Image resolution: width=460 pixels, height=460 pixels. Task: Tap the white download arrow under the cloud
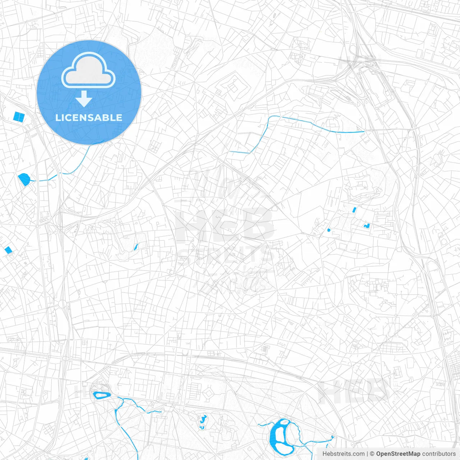(84, 99)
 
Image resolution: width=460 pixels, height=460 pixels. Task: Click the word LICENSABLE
(89, 118)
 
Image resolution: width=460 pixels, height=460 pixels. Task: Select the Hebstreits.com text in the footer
(343, 454)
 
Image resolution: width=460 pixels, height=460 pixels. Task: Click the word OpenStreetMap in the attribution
(398, 454)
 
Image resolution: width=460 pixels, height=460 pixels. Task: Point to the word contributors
(439, 454)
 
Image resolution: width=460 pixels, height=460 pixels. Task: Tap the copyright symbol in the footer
(372, 454)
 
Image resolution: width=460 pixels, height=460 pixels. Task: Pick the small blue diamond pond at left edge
(8, 250)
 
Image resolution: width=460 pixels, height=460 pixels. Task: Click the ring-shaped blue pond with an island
(102, 395)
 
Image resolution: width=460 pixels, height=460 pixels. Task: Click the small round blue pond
(328, 230)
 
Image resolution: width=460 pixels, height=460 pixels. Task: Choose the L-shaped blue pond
(367, 226)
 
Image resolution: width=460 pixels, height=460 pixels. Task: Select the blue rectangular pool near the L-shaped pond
(354, 210)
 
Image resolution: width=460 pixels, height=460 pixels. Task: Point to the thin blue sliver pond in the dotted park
(136, 247)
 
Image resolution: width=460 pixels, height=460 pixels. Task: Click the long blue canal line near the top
(316, 125)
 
